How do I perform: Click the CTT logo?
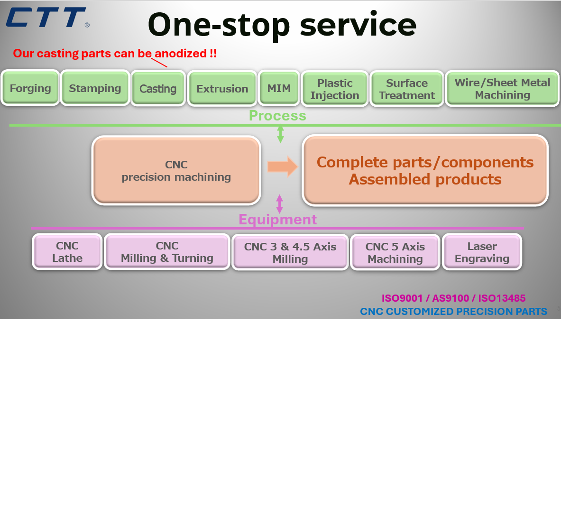(x=46, y=18)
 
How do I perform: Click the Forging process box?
(x=30, y=88)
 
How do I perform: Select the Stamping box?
(x=95, y=88)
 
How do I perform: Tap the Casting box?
(x=158, y=89)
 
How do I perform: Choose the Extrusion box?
(x=222, y=89)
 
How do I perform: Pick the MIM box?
(x=279, y=88)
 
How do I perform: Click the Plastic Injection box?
(x=335, y=89)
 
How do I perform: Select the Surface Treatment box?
(x=407, y=89)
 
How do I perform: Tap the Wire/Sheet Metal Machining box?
(x=502, y=89)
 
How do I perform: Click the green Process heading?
(x=277, y=116)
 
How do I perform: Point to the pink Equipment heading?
(x=277, y=220)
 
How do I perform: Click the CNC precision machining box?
(x=176, y=171)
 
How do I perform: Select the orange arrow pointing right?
(x=282, y=166)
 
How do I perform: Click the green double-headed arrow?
(x=280, y=134)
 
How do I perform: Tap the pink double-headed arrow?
(x=279, y=204)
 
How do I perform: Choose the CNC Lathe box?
(x=67, y=252)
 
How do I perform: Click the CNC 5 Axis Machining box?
(x=395, y=253)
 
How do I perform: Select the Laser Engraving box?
(x=482, y=252)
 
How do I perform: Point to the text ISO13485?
(x=502, y=298)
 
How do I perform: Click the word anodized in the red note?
(x=181, y=54)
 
